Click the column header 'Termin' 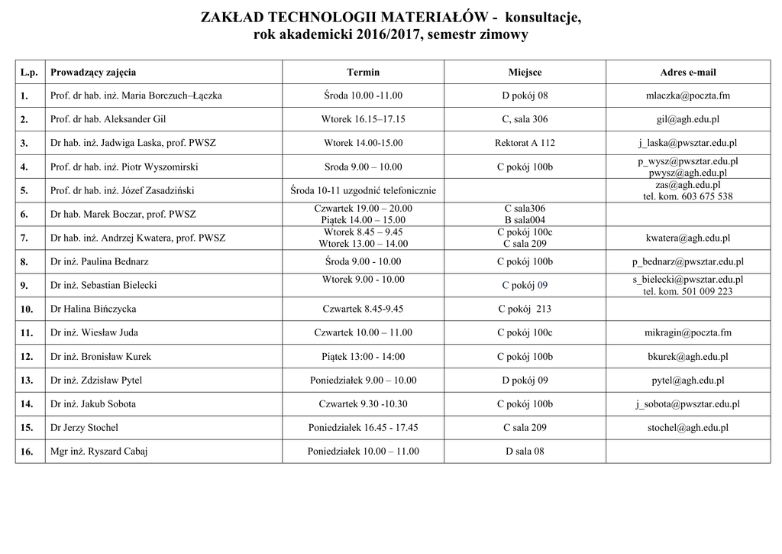pyautogui.click(x=363, y=73)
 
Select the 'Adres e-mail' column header pyautogui.click(x=687, y=73)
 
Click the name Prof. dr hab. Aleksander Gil pyautogui.click(x=108, y=119)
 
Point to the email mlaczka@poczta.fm pyautogui.click(x=687, y=96)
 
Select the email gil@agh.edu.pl pyautogui.click(x=687, y=120)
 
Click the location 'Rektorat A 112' pyautogui.click(x=525, y=143)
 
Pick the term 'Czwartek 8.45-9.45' pyautogui.click(x=363, y=309)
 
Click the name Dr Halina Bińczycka pyautogui.click(x=93, y=309)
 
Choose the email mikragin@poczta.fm pyautogui.click(x=687, y=333)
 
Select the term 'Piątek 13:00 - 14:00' pyautogui.click(x=363, y=357)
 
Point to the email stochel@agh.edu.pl pyautogui.click(x=687, y=428)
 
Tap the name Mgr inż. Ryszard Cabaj pyautogui.click(x=99, y=452)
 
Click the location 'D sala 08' pyautogui.click(x=525, y=452)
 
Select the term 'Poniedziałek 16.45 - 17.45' pyautogui.click(x=363, y=428)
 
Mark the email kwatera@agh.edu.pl pyautogui.click(x=687, y=238)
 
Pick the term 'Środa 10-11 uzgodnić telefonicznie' pyautogui.click(x=363, y=190)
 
